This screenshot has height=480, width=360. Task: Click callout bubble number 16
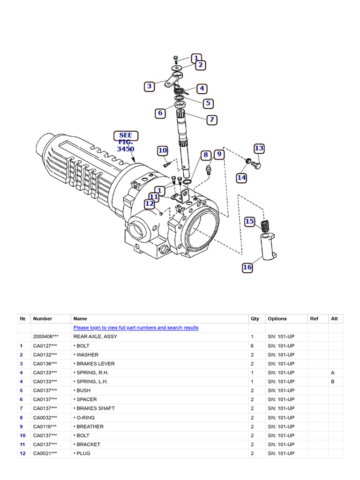pos(247,267)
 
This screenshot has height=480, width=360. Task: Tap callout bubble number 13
pos(259,149)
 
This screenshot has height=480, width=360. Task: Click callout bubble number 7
pos(212,120)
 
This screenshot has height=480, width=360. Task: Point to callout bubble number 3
pos(149,86)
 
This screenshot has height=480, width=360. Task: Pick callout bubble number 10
pos(162,150)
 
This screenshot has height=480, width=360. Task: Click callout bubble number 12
pos(150,203)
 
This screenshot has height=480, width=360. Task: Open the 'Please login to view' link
pos(135,328)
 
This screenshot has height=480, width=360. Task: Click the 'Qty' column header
pos(255,319)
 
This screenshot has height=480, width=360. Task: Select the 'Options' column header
pos(277,319)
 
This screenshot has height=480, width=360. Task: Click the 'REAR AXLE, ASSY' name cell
pos(95,337)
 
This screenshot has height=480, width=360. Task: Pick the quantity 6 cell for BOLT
pos(252,345)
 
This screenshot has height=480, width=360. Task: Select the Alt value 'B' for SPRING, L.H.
pos(332,382)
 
